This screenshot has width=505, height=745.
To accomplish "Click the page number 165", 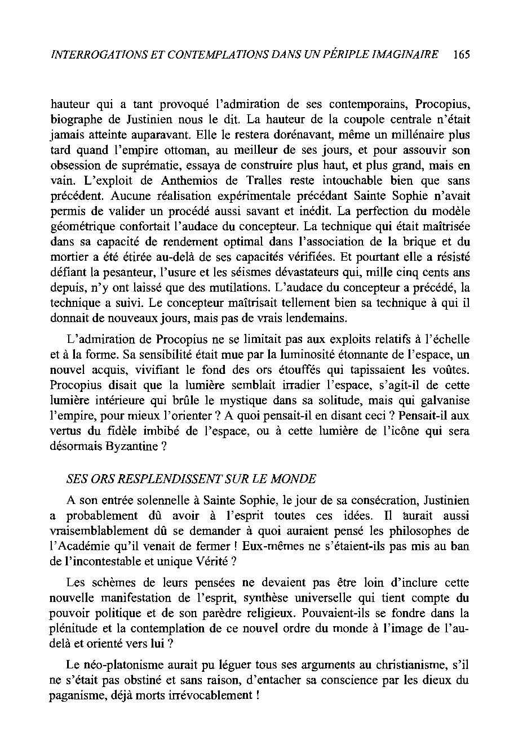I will (x=460, y=55).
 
